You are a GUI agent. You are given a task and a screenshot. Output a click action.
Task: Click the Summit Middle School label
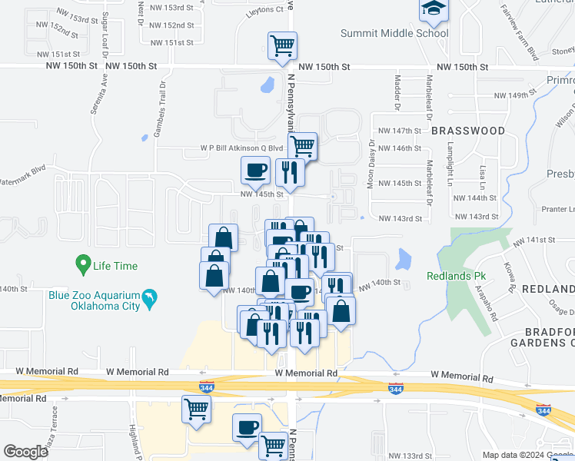point(395,33)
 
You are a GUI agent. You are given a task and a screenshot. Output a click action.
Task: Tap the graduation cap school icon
point(433,9)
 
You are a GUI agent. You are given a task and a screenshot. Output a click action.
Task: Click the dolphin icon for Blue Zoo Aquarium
point(151,297)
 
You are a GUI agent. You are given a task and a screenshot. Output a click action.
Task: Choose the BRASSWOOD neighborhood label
point(468,131)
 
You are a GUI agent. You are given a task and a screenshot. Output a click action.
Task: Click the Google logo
point(26,452)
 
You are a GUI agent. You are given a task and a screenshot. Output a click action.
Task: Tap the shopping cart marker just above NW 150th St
point(282,45)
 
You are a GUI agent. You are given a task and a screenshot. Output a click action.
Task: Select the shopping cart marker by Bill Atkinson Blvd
point(303,144)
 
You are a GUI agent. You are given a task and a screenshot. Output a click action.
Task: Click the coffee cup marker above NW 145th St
point(255,170)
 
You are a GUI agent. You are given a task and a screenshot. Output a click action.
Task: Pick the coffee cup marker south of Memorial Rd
point(248,427)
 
